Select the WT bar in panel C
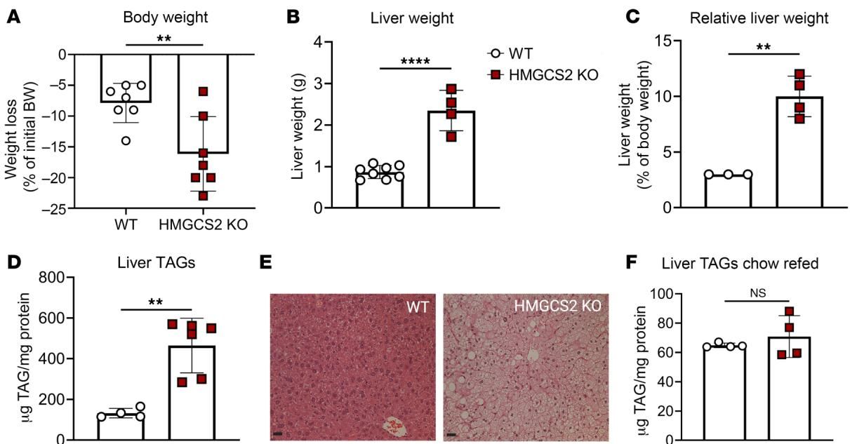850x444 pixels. pos(729,191)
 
